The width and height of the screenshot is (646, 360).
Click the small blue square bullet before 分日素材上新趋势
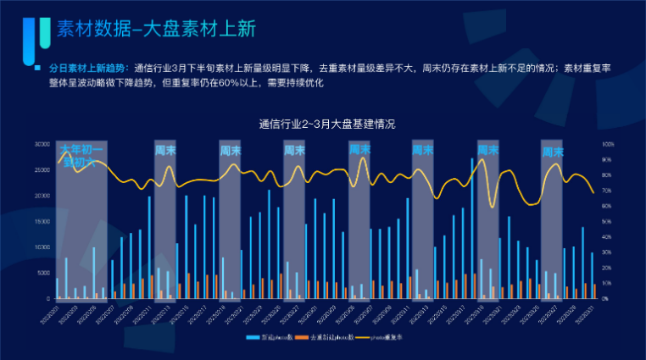(x=36, y=68)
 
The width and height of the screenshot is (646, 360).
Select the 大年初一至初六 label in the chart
(x=81, y=156)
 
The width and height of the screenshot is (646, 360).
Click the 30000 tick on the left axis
(x=42, y=144)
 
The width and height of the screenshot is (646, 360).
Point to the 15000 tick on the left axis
(x=42, y=221)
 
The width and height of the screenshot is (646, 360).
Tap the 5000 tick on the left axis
(x=43, y=273)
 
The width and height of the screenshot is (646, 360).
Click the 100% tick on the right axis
(x=607, y=144)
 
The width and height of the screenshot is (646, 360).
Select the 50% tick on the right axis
(x=606, y=221)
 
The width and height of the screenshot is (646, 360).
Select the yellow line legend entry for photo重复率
(x=377, y=338)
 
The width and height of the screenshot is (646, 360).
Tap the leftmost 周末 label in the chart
(x=165, y=150)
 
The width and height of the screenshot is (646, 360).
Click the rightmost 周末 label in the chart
(x=553, y=152)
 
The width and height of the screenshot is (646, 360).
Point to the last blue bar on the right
(x=592, y=275)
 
